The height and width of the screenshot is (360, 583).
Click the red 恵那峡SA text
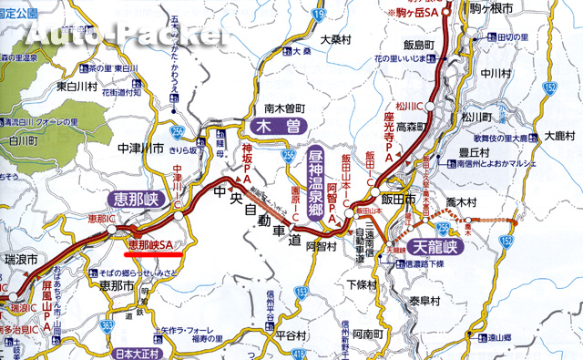coord(150,244)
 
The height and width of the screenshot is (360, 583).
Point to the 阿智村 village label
coord(322,245)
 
